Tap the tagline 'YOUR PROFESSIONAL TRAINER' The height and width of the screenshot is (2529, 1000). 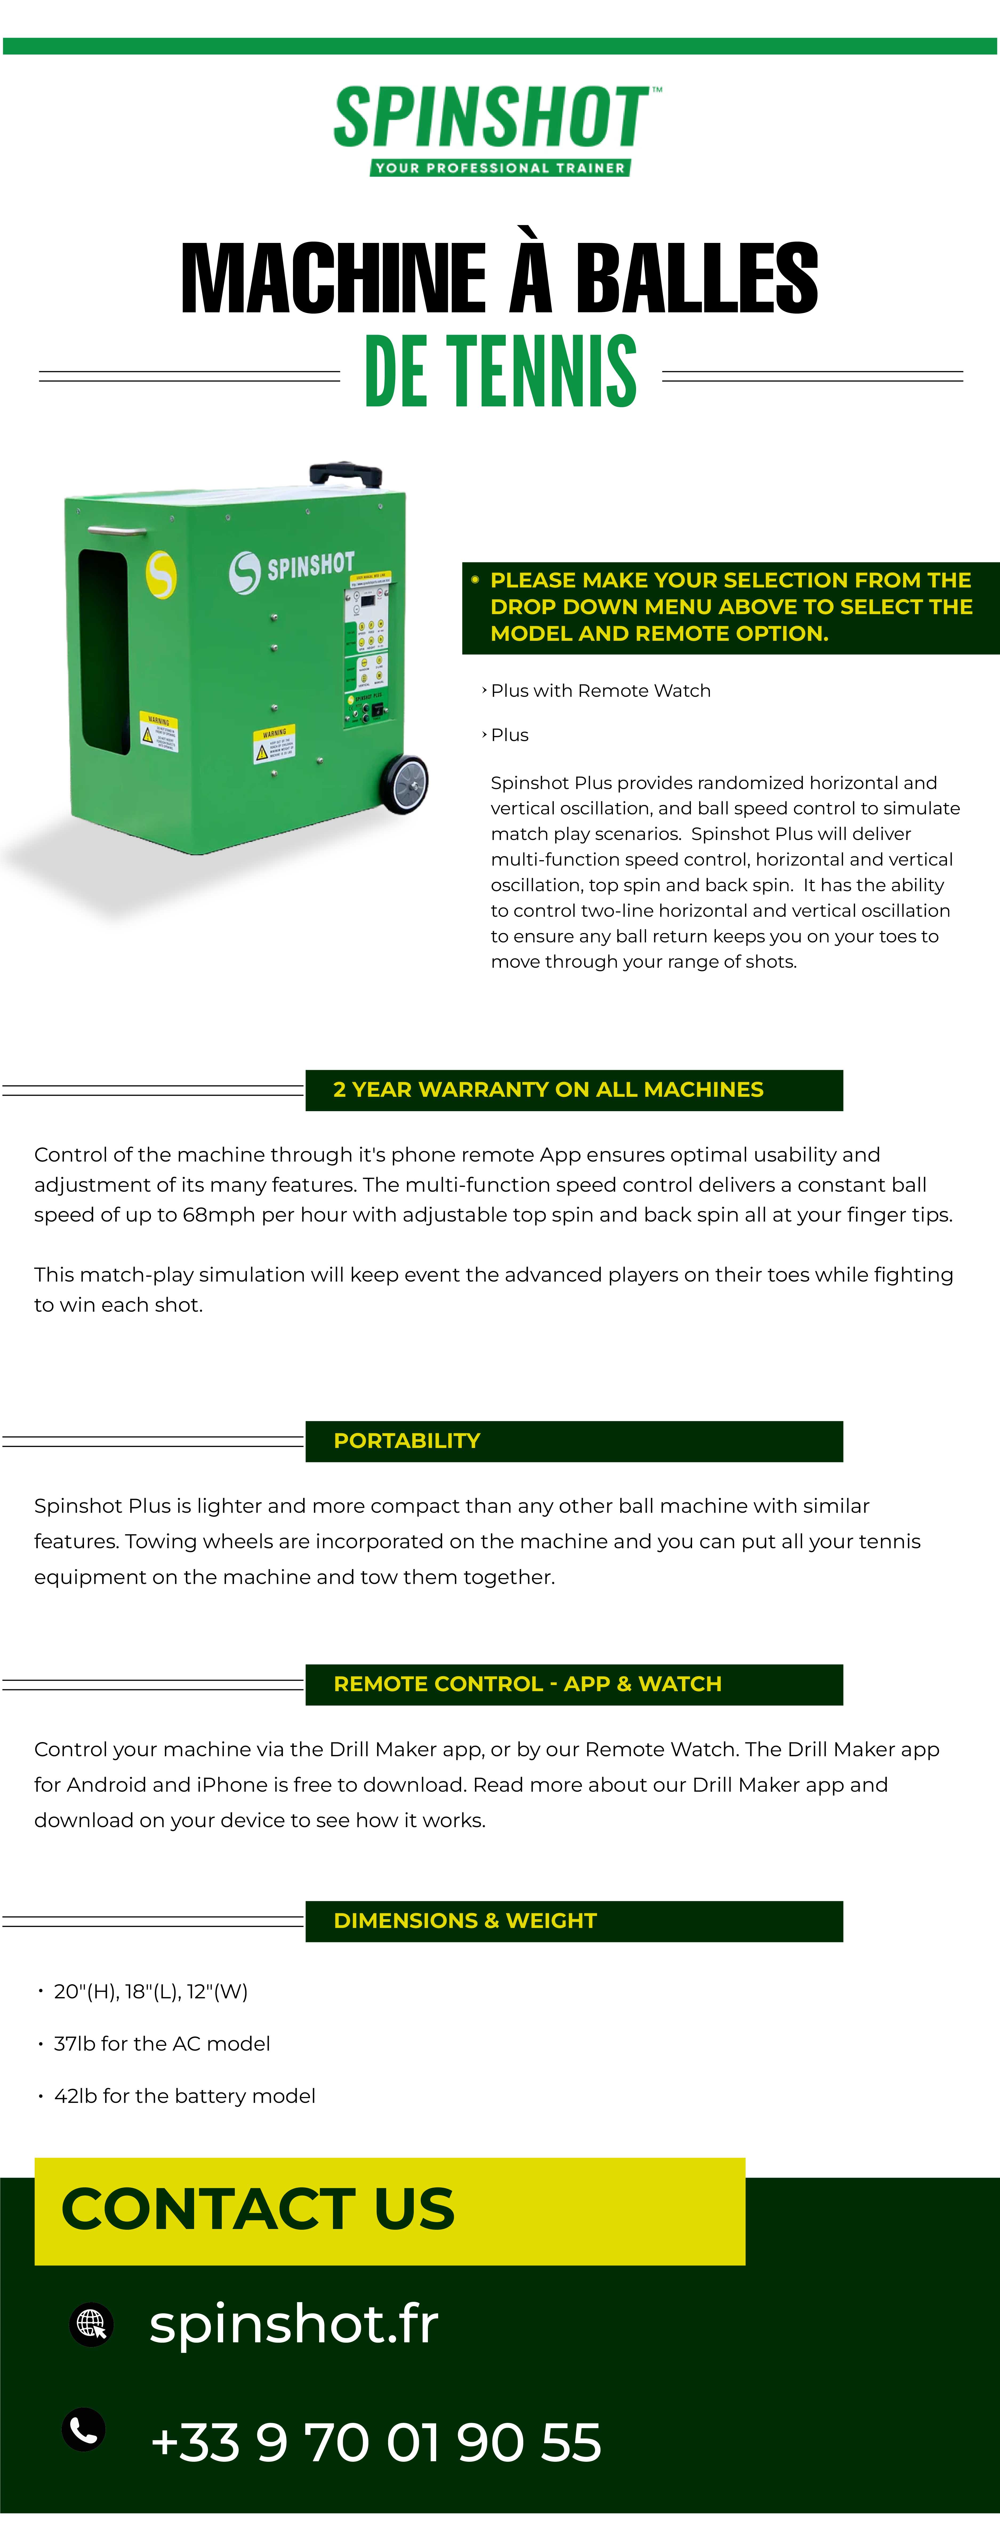[x=500, y=168]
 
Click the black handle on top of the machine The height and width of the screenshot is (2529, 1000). [x=346, y=474]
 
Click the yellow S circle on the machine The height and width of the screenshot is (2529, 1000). [x=161, y=574]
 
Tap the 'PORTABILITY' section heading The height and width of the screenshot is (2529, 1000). [x=407, y=1441]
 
